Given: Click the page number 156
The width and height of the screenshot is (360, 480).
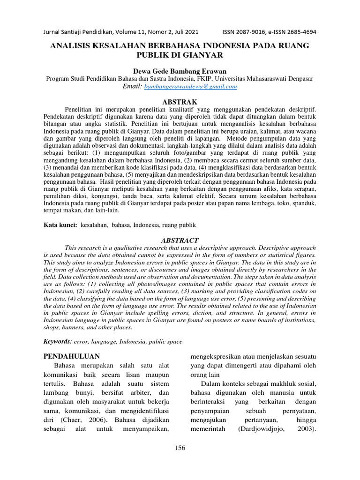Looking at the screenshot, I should click(180, 448).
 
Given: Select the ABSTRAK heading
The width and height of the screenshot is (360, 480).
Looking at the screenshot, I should click(180, 102).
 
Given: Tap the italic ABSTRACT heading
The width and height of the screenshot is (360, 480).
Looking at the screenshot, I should click(180, 240).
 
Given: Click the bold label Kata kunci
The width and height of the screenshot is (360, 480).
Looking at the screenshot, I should click(60, 225).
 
